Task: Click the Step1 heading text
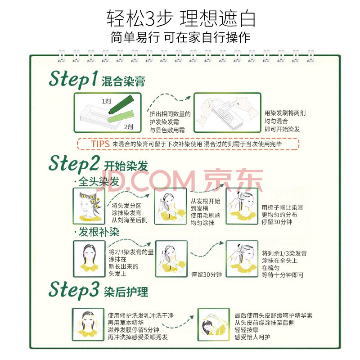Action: tap(73, 79)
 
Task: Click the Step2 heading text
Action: tap(74, 163)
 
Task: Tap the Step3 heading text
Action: tap(74, 290)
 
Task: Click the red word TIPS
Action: tap(100, 144)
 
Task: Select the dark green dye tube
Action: tap(121, 104)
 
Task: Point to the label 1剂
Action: tap(106, 101)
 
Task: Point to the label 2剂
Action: tap(128, 127)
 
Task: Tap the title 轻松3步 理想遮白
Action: tap(181, 18)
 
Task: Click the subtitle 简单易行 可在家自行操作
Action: tap(180, 37)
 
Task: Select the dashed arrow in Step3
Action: tap(178, 323)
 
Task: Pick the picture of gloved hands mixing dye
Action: tap(227, 112)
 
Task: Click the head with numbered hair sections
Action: tap(89, 206)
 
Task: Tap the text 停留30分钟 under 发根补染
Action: tap(207, 274)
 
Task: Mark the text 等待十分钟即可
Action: tap(283, 275)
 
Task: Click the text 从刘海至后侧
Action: tap(130, 220)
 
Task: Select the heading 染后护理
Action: tap(126, 292)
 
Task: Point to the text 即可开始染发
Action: tap(282, 129)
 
